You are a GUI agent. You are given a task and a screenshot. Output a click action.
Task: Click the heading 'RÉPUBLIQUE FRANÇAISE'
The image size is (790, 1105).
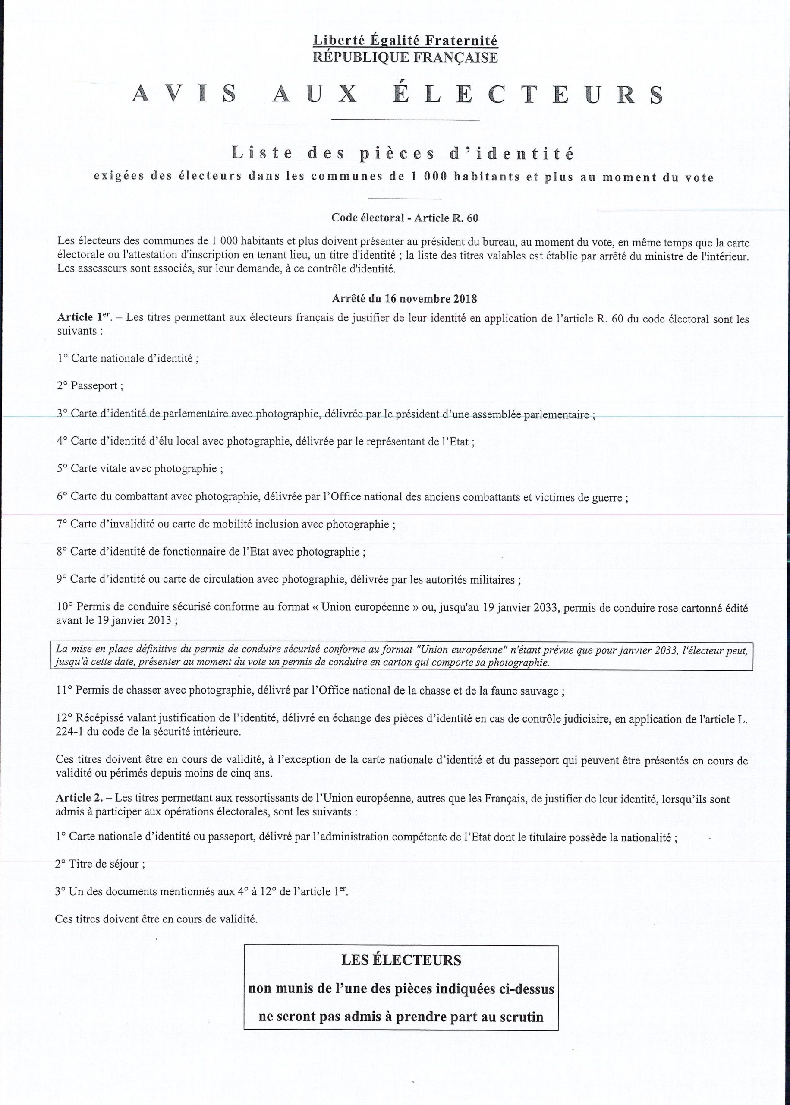coord(405,58)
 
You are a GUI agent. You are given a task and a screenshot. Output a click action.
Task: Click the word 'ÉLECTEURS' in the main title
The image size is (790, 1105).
coord(528,95)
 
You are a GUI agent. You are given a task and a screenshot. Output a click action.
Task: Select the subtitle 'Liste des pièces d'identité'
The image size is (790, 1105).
coord(403,154)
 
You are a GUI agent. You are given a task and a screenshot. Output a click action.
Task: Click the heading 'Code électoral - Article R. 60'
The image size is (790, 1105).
coord(405,218)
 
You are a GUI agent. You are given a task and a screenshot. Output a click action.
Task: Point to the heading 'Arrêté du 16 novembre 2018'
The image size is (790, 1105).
coord(404,298)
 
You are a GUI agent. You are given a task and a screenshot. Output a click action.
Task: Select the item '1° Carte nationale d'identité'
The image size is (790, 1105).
coord(127,359)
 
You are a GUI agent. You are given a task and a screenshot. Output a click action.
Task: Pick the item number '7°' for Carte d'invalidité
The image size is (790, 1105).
coord(62,524)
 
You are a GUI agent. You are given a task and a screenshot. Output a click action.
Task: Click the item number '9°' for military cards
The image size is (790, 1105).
coord(62,580)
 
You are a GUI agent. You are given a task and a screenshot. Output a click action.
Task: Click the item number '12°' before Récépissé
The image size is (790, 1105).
coord(64,718)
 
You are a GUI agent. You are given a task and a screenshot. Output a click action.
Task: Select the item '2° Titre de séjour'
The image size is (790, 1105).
coord(100,864)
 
